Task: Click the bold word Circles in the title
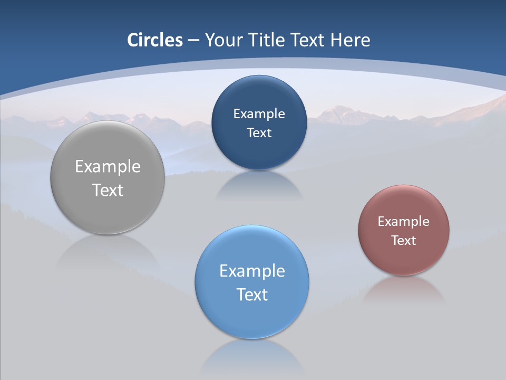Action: [x=155, y=40]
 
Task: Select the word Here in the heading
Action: [x=350, y=40]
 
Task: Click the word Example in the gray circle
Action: [x=108, y=167]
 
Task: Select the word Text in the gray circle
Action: [x=108, y=190]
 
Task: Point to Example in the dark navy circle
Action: [x=259, y=114]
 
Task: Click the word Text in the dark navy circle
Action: [x=259, y=132]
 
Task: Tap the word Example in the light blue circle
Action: [x=252, y=271]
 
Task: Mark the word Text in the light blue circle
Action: [x=252, y=294]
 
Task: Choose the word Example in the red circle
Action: [x=404, y=222]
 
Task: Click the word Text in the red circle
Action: [x=404, y=241]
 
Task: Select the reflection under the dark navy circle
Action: [x=259, y=185]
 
